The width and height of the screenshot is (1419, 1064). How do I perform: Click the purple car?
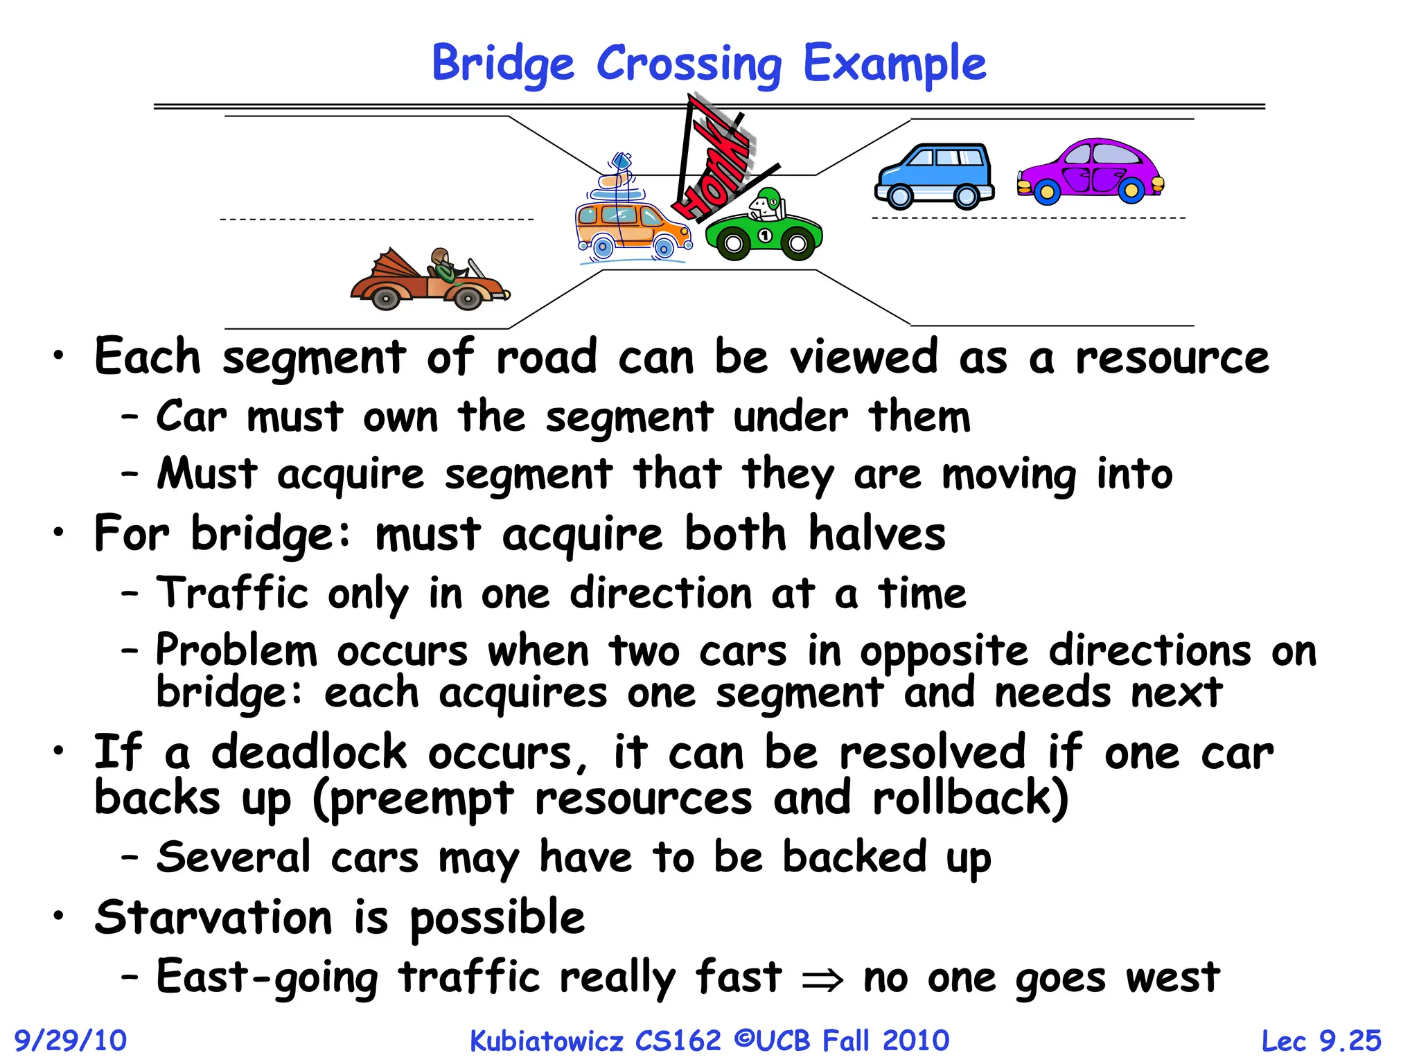click(1091, 171)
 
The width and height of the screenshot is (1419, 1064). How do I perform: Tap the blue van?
click(935, 176)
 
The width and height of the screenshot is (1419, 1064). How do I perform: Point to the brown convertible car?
click(430, 281)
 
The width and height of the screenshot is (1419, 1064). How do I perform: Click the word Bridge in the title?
click(503, 64)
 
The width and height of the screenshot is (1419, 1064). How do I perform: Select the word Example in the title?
click(894, 64)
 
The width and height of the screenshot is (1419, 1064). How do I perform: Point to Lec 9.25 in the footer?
click(1321, 1040)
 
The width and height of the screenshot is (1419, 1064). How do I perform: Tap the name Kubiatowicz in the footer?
click(546, 1040)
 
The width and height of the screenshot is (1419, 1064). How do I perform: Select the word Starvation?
click(213, 917)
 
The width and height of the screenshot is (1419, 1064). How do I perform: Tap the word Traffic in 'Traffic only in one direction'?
click(232, 594)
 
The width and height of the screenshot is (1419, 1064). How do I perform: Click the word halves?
click(876, 533)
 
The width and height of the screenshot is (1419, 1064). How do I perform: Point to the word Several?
click(233, 857)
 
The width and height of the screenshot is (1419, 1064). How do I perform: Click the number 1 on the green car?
click(765, 236)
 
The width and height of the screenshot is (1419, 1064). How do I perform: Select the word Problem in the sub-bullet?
click(236, 651)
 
